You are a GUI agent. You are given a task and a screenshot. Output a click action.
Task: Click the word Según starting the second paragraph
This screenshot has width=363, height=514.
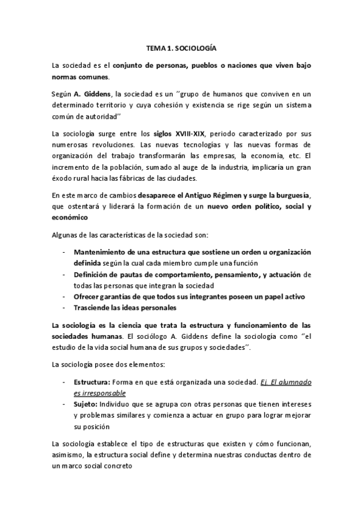click(62, 93)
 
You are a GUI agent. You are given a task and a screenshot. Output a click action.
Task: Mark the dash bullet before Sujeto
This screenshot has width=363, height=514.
click(64, 404)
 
